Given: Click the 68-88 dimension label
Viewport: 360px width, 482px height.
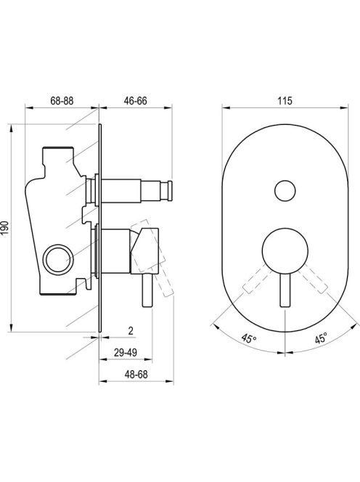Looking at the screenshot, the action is click(62, 100).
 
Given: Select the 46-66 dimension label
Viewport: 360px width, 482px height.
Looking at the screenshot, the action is click(135, 100).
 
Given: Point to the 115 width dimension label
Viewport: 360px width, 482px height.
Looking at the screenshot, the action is click(285, 100).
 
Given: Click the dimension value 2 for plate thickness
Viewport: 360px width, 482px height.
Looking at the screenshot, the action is click(131, 331).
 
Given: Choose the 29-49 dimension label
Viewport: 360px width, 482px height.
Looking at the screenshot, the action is click(126, 353).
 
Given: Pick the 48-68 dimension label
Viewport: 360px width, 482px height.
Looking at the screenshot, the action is click(136, 375).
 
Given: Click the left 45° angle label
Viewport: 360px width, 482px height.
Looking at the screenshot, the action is click(249, 339).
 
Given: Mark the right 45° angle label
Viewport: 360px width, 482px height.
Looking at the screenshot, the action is click(321, 339).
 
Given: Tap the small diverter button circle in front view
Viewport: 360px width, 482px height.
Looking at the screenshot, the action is click(285, 191).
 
